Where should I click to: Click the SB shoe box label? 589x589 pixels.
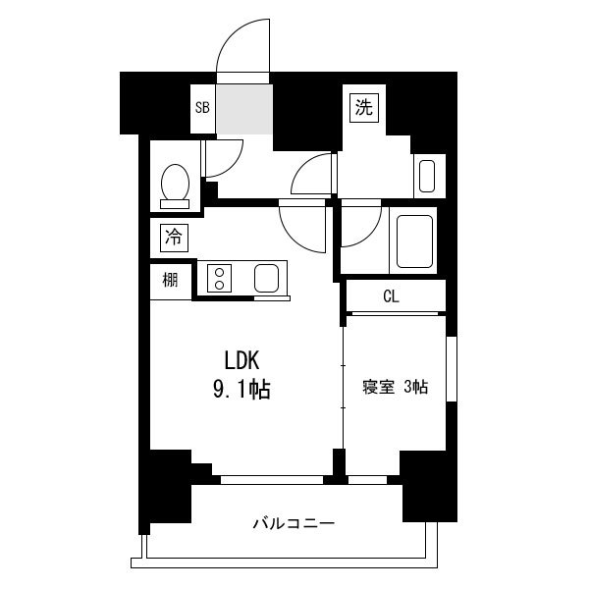(x=202, y=108)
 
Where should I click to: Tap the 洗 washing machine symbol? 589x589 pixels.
(x=364, y=108)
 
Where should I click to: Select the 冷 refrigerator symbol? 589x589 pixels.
(x=174, y=238)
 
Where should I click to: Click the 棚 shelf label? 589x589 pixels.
(x=170, y=280)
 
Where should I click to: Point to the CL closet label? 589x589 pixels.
(x=391, y=296)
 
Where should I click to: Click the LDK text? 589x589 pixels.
(x=241, y=360)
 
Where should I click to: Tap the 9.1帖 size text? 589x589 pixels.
(x=241, y=389)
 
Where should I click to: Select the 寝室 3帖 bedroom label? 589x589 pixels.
(x=395, y=387)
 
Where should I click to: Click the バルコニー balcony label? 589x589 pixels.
(x=294, y=523)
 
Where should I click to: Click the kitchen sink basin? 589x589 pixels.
(x=266, y=279)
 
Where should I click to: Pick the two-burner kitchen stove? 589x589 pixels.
(x=219, y=279)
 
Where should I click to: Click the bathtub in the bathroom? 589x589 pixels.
(x=414, y=241)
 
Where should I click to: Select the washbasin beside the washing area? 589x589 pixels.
(x=427, y=177)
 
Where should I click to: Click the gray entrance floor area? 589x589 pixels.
(x=244, y=109)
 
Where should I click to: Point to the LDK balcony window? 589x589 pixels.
(x=272, y=480)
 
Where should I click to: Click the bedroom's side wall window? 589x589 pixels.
(x=452, y=369)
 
